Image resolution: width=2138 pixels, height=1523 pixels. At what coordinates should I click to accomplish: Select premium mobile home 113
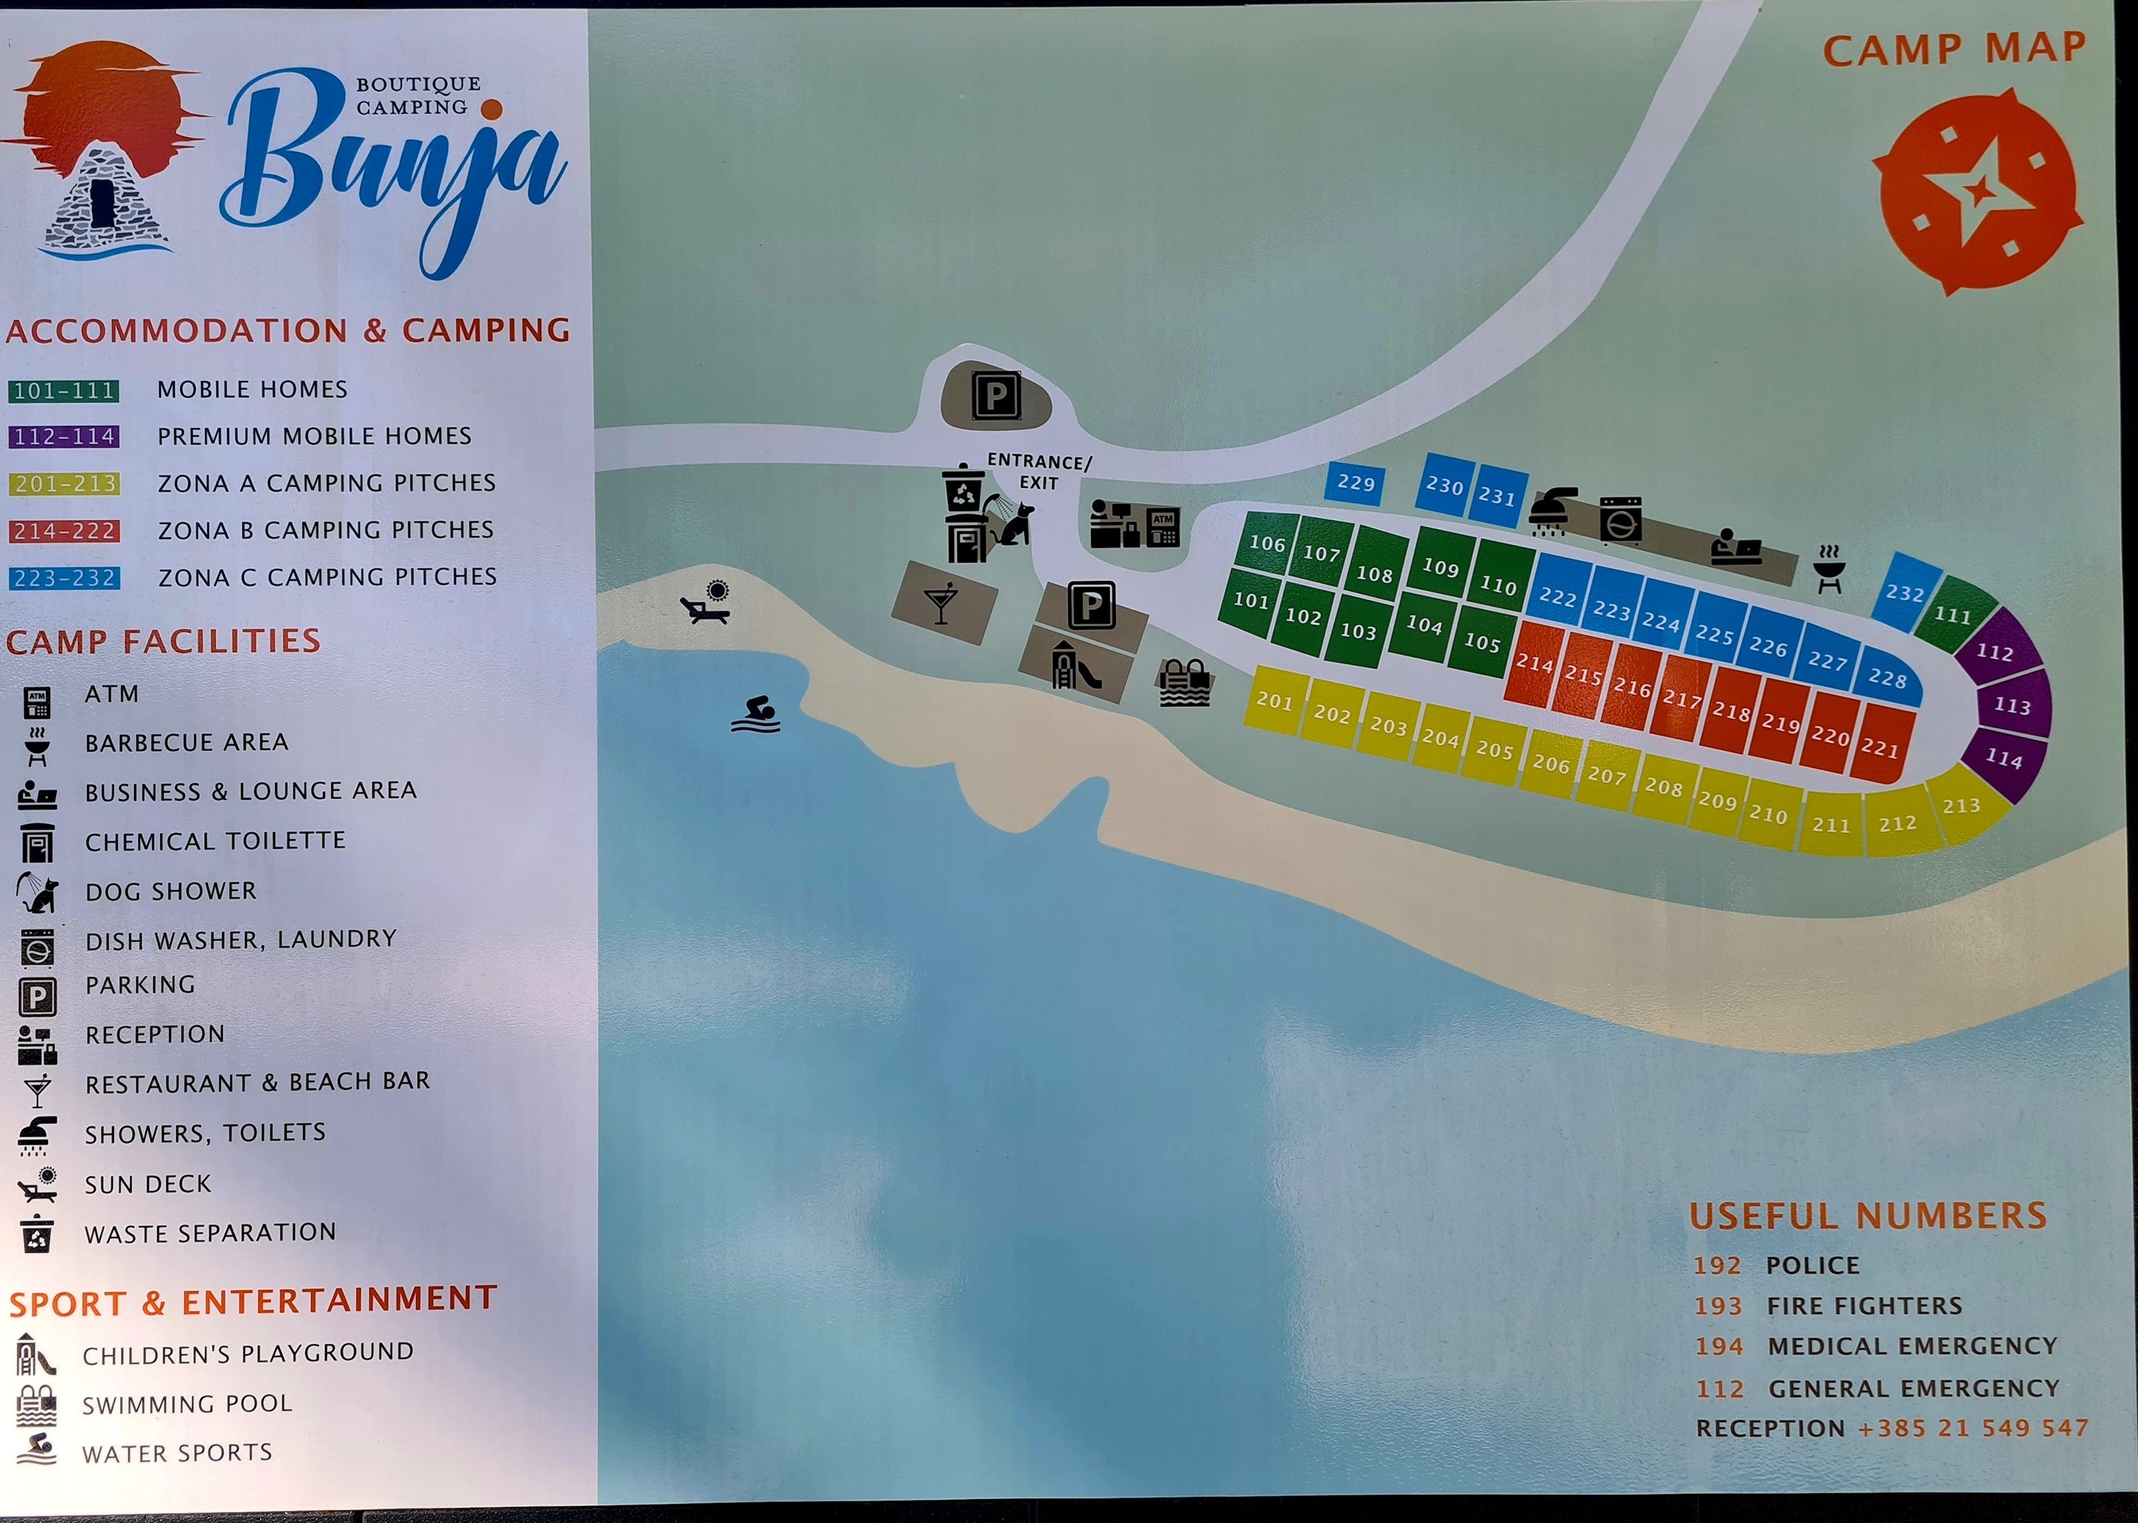[2012, 705]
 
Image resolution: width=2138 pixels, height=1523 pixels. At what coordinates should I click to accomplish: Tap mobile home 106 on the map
[1267, 543]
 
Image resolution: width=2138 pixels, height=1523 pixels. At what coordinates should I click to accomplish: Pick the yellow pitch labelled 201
[1275, 700]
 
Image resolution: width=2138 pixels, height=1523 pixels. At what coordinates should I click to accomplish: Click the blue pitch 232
[1904, 592]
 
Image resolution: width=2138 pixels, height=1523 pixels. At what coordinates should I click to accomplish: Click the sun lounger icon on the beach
[705, 604]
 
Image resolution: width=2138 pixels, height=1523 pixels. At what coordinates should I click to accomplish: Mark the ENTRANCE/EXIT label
[1039, 471]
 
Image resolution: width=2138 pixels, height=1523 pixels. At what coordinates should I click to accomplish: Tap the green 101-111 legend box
[64, 390]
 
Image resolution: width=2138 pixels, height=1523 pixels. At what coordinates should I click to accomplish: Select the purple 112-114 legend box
[64, 437]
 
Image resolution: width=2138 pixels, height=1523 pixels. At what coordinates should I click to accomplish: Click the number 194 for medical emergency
[1718, 1346]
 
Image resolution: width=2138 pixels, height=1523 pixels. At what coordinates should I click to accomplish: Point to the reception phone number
[1973, 1429]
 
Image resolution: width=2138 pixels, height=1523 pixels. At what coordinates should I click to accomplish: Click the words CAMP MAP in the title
[1955, 49]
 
